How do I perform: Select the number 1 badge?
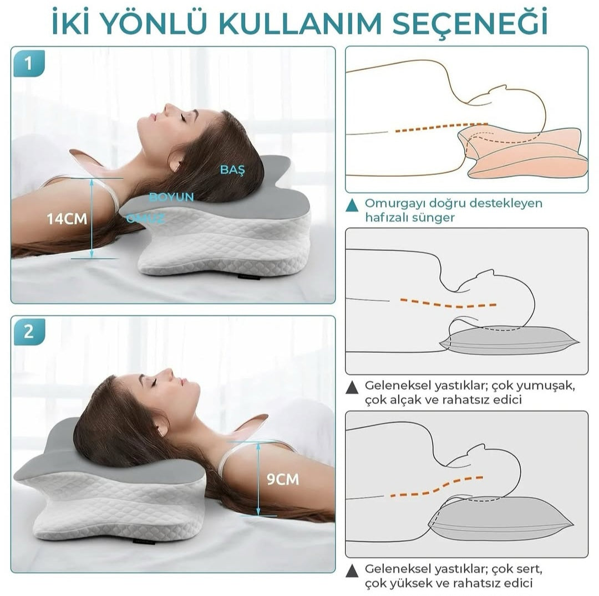point(29,63)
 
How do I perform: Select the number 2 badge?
point(29,332)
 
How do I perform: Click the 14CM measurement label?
point(67,219)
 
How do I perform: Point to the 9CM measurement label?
point(283,479)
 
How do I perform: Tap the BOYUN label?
point(171,197)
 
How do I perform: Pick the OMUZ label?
point(145,219)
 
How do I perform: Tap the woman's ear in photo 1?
point(177,160)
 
